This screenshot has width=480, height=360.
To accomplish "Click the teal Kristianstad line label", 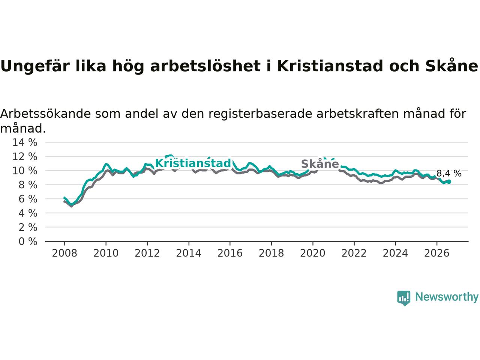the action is [193, 163].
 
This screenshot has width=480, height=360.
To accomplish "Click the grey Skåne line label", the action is [320, 164].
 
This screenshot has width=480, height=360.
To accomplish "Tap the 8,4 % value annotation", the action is [449, 173].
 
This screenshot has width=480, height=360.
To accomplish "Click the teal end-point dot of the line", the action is [449, 181].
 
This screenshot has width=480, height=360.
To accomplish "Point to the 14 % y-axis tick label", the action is [25, 142].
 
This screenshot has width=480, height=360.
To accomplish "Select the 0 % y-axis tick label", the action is [28, 241].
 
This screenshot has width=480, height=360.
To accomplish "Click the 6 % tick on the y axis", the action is [28, 199].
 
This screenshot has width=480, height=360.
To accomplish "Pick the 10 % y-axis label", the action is [25, 171].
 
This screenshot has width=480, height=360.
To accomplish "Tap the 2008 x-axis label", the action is [64, 253].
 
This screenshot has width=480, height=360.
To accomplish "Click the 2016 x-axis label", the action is [230, 253].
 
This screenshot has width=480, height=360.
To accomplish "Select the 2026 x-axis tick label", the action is [437, 253].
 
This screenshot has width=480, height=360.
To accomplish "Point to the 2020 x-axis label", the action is [313, 253].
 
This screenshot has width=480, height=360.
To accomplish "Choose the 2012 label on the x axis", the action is [147, 253].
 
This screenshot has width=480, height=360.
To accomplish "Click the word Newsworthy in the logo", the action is [447, 297].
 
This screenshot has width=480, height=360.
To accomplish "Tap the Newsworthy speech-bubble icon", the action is [403, 298].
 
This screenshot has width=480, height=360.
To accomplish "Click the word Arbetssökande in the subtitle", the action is [45, 114].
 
